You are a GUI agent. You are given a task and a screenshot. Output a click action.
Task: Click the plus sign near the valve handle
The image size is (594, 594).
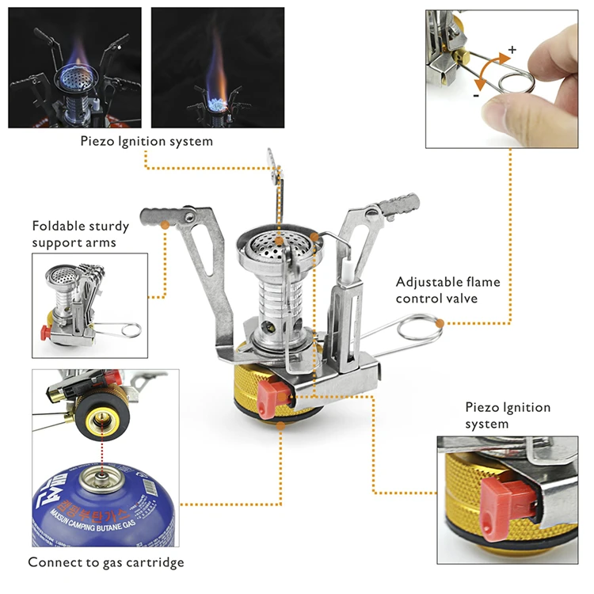(512, 49)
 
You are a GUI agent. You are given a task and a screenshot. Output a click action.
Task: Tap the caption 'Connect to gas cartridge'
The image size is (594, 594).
(106, 562)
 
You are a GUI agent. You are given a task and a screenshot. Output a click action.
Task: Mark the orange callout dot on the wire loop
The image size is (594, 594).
(438, 322)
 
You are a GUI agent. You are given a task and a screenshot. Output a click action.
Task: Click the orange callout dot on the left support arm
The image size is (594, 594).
(165, 226)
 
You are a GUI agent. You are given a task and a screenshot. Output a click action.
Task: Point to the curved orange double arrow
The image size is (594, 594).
(489, 69)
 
